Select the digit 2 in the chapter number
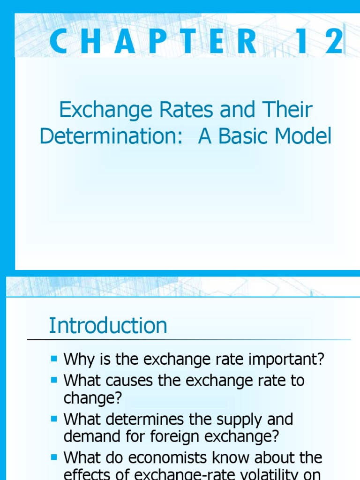pyautogui.click(x=336, y=41)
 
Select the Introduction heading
pyautogui.click(x=108, y=325)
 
